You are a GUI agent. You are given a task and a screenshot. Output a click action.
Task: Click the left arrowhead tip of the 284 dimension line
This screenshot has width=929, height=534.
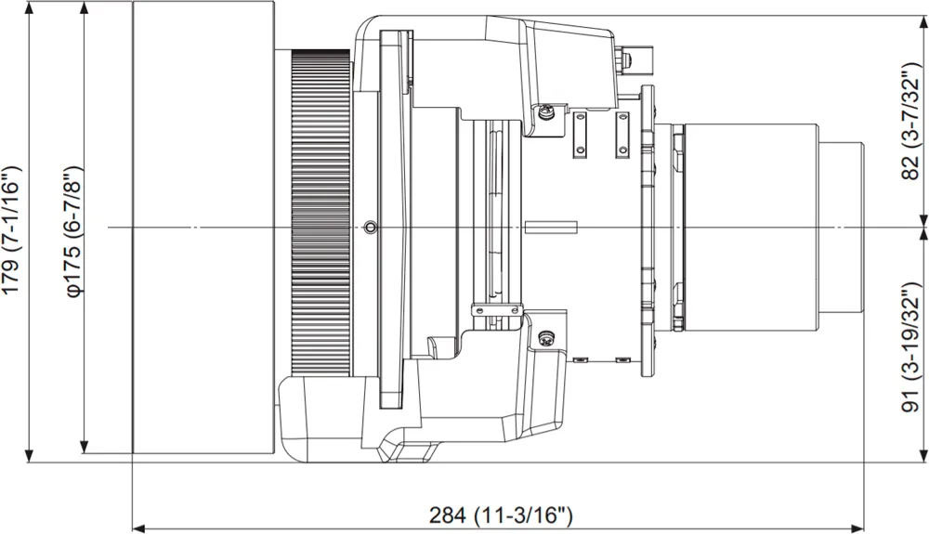pos(132,527)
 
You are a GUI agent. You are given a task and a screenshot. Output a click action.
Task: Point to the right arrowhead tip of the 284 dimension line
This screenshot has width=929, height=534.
pos(864,527)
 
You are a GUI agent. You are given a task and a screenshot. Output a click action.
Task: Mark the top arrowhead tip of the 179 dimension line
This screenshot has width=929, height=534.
pos(29,2)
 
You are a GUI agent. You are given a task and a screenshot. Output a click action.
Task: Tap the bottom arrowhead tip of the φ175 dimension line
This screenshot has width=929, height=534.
pos(85,453)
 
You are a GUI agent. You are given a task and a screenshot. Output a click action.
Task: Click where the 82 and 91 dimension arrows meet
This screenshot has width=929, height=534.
pos(924,227)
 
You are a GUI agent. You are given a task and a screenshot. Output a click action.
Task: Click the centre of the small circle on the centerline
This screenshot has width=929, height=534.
pos(371,227)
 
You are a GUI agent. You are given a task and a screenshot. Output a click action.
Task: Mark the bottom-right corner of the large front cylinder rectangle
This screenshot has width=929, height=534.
pos(274,453)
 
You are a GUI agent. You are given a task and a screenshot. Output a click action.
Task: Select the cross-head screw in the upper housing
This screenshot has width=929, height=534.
pos(545,110)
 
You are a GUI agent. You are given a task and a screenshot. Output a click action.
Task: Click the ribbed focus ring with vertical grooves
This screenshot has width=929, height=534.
pos(321,213)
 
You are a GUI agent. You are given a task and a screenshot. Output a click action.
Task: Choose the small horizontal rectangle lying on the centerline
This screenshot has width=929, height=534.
pos(551,227)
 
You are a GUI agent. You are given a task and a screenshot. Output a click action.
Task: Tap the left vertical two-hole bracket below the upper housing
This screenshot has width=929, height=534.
pos(580,135)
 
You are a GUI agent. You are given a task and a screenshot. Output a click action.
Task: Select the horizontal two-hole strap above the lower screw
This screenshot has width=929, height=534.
pos(496,309)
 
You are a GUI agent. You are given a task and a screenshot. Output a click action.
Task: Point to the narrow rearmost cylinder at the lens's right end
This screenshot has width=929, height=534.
pos(841,228)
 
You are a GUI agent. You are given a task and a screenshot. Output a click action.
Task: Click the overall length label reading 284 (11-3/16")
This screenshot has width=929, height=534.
pos(501,515)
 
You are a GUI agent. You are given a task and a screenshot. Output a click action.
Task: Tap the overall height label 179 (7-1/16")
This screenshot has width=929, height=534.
pos(13,228)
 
